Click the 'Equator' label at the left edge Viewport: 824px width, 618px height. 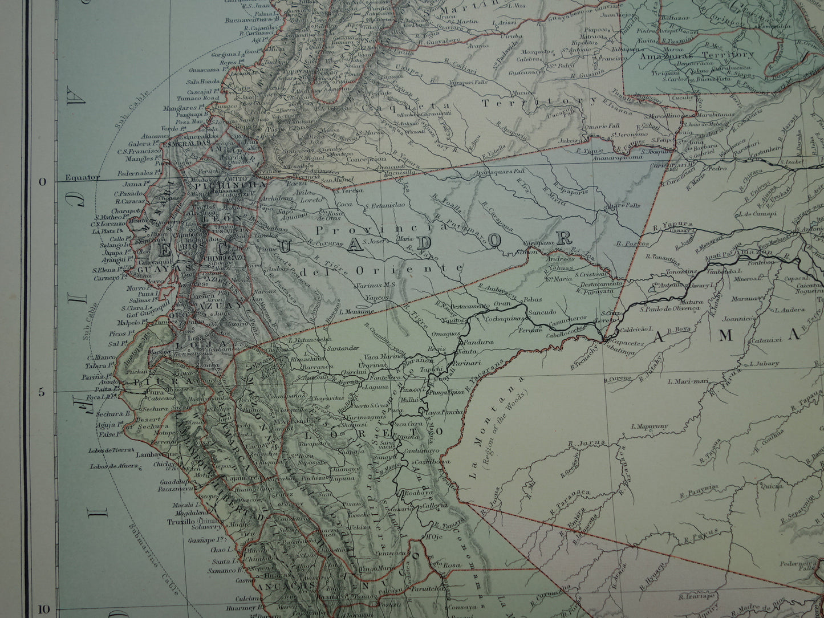(x=82, y=177)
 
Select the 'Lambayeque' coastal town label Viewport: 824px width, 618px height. (x=154, y=455)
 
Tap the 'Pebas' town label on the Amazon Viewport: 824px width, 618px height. (x=534, y=299)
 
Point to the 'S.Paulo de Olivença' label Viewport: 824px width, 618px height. (x=669, y=309)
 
